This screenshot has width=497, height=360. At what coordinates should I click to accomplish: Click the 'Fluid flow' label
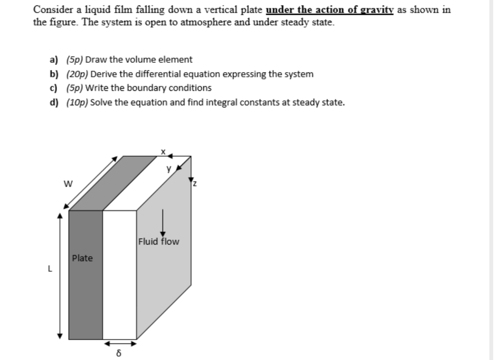[159, 242]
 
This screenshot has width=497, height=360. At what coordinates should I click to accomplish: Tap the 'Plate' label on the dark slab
[82, 258]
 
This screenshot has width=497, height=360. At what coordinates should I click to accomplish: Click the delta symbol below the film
[119, 353]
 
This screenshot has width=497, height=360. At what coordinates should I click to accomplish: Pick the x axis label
[162, 150]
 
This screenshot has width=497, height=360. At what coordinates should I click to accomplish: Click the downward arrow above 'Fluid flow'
[162, 223]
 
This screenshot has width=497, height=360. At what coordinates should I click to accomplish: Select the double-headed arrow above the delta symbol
[120, 343]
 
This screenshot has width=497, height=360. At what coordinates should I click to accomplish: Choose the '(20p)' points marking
[77, 74]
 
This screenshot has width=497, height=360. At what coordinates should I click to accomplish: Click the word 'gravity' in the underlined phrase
[374, 9]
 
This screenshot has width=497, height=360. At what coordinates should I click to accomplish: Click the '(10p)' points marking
[77, 103]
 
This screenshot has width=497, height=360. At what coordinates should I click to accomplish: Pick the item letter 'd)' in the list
[54, 103]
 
